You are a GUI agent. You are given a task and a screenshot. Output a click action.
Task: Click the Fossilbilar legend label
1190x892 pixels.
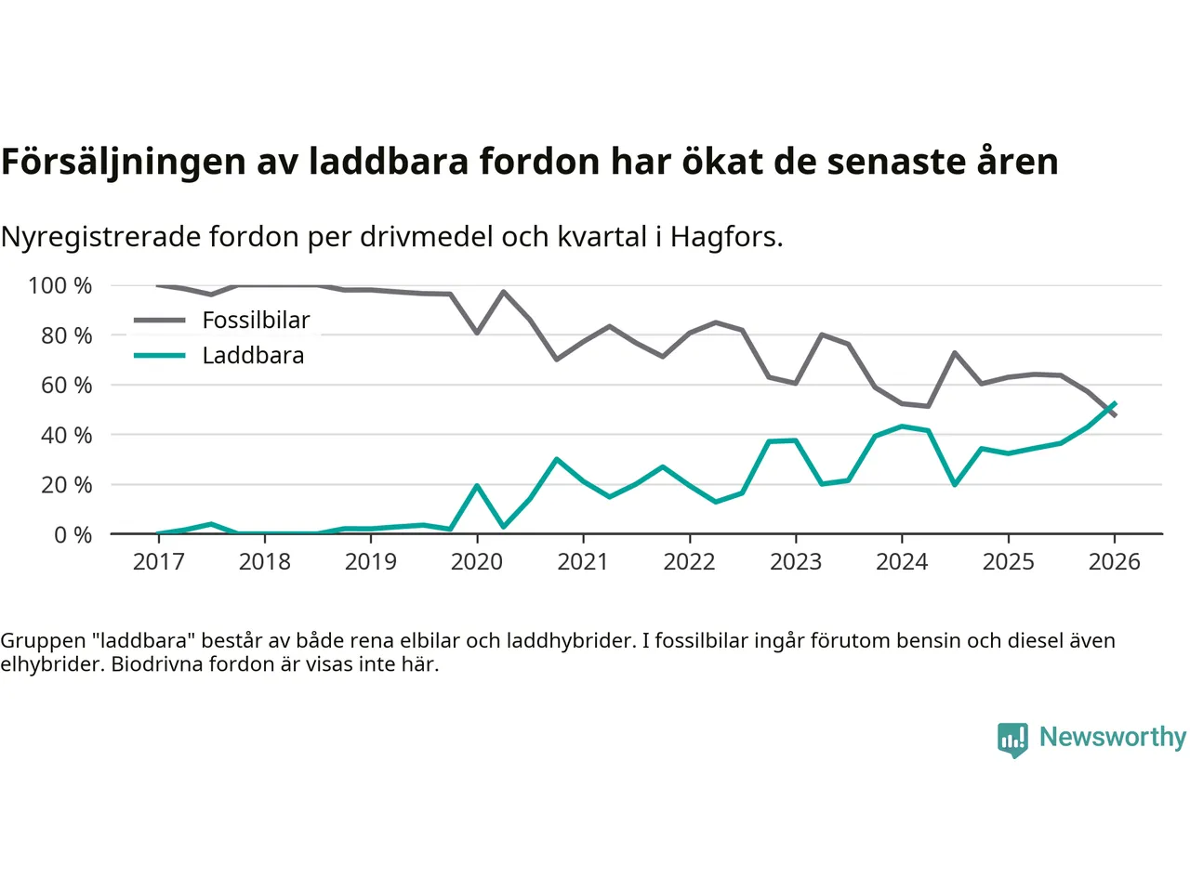pos(256,321)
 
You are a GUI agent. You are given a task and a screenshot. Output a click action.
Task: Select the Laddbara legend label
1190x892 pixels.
pos(253,356)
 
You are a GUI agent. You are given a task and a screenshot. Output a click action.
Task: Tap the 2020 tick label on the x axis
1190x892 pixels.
pos(477,562)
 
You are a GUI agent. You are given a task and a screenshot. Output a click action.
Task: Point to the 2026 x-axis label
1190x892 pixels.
pos(1114,562)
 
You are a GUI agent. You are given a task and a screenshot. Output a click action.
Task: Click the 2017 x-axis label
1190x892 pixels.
pos(159,562)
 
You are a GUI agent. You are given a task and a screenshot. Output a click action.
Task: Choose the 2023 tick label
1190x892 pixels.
pos(796,562)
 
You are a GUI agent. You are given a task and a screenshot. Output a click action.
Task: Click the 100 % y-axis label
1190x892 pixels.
pos(60,286)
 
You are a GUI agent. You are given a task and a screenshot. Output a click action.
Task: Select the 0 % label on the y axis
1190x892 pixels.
pos(73,535)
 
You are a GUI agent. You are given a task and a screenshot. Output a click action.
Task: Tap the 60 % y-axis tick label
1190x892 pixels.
pos(66,386)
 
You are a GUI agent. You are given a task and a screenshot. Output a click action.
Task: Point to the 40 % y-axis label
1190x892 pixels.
pos(66,436)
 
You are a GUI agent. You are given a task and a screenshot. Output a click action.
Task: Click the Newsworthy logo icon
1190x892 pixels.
pos(1012,740)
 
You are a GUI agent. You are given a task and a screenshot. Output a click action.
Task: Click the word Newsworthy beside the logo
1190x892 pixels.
pos(1112,737)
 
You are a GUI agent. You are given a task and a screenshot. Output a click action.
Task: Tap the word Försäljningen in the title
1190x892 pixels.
pos(123,163)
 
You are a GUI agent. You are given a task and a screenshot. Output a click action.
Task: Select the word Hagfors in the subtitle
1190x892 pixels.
pos(725,238)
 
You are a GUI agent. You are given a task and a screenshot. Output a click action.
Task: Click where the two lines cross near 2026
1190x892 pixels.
pos(1108,410)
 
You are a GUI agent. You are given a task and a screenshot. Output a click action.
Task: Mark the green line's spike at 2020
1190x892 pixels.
pos(477,486)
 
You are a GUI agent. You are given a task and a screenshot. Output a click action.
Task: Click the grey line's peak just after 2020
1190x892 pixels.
pos(504,292)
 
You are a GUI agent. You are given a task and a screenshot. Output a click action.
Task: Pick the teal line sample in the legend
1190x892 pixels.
pos(160,356)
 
